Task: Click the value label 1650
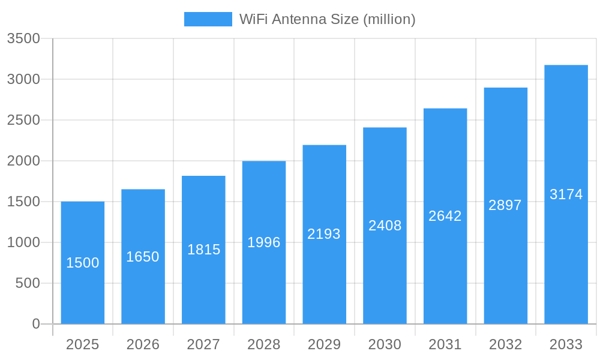(x=143, y=257)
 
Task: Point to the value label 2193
(x=324, y=234)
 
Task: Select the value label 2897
(x=505, y=205)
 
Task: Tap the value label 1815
(x=204, y=250)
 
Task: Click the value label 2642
(x=445, y=216)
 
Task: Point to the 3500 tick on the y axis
(x=23, y=39)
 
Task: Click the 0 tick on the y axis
(x=35, y=324)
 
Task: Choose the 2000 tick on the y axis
(x=23, y=161)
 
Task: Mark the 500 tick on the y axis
(x=28, y=283)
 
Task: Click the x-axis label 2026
(x=143, y=344)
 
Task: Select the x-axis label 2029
(x=324, y=344)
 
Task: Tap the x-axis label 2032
(x=505, y=344)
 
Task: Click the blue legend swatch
(x=208, y=19)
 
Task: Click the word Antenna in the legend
(x=298, y=19)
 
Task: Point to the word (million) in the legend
(x=389, y=19)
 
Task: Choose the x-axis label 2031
(x=445, y=344)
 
